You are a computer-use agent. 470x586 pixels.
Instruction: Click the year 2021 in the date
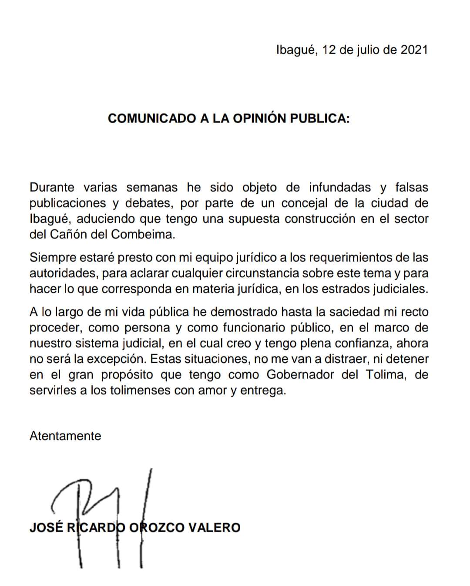coord(414,50)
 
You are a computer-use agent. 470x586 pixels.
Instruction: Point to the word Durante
coord(52,188)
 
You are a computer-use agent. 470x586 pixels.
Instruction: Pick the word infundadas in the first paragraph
coord(340,188)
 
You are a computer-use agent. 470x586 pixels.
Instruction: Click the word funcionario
coord(257,328)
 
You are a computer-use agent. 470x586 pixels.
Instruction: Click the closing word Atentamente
coord(65,436)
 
